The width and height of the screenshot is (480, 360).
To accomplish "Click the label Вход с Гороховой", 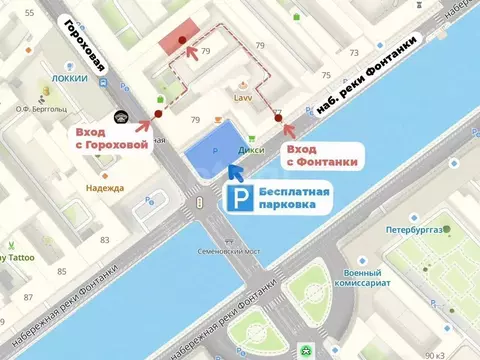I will coord(111,137).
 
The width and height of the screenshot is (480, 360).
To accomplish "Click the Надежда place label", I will coord(104,187).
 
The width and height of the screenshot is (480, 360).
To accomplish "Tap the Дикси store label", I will coord(250,152).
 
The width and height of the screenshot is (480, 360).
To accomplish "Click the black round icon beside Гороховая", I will coord(121,117).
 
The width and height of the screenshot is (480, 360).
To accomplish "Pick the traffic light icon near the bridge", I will coord(199,203).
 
